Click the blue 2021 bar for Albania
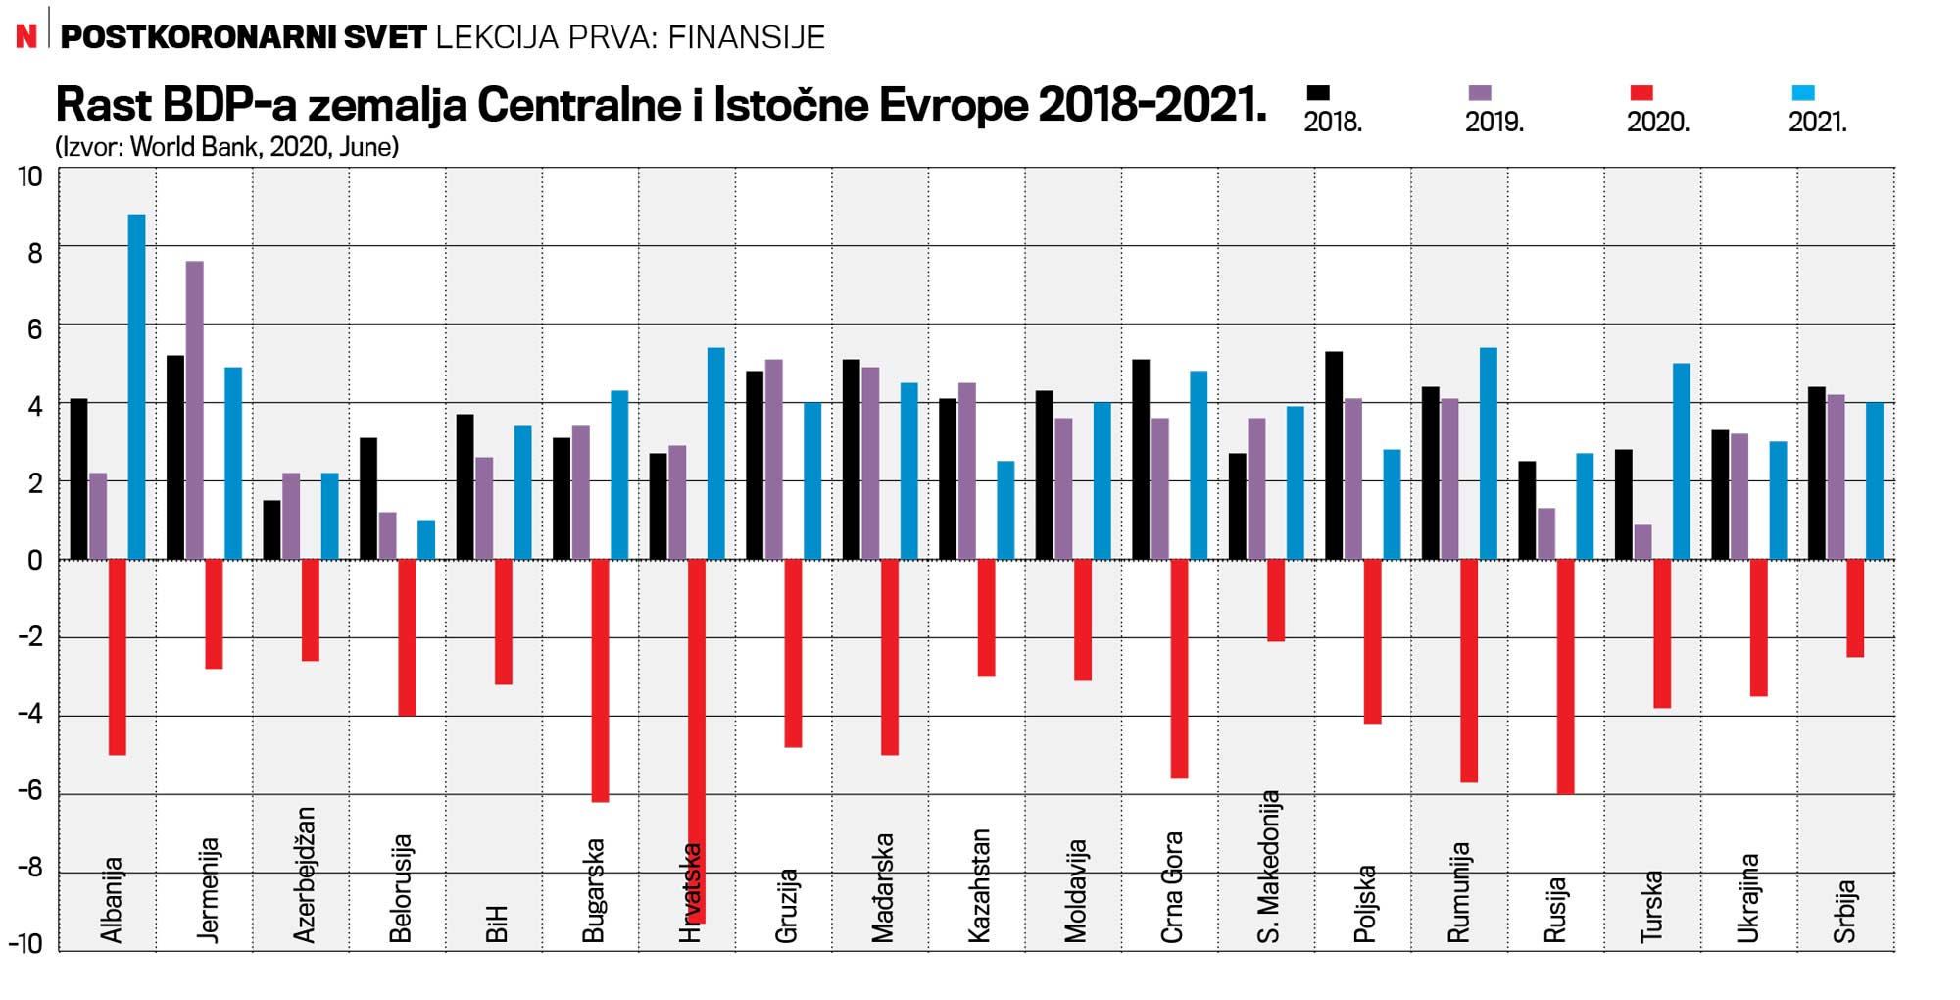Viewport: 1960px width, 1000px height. pyautogui.click(x=136, y=387)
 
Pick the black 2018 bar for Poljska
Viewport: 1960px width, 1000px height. pyautogui.click(x=1334, y=456)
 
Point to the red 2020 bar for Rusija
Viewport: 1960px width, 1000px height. pyautogui.click(x=1565, y=676)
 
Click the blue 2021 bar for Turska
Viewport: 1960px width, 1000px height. pyautogui.click(x=1681, y=461)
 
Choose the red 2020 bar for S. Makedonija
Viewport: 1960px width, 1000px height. pyautogui.click(x=1275, y=600)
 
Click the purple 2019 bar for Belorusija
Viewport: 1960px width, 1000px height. pyautogui.click(x=387, y=535)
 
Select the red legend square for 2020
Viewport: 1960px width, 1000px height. pyautogui.click(x=1641, y=93)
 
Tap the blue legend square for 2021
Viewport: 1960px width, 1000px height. pyautogui.click(x=1802, y=93)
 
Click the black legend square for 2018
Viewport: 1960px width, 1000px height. pyautogui.click(x=1318, y=93)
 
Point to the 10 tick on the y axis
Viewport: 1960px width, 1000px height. pyautogui.click(x=30, y=177)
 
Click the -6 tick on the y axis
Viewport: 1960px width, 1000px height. pyautogui.click(x=30, y=791)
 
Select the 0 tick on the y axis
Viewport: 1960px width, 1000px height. pyautogui.click(x=35, y=561)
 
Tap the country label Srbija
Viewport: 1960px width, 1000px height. pyautogui.click(x=1844, y=912)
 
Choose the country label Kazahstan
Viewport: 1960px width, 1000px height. pyautogui.click(x=979, y=886)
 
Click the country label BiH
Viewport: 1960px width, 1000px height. pyautogui.click(x=497, y=924)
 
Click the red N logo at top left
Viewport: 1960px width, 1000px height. pyautogui.click(x=26, y=36)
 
